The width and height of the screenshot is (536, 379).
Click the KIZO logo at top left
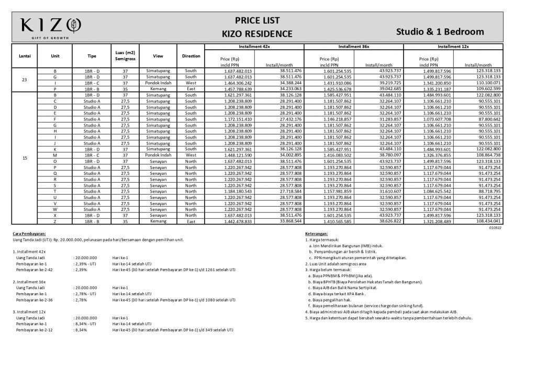[x=50, y=25]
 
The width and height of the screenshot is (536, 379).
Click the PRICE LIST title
[x=257, y=21]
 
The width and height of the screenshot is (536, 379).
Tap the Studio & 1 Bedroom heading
[x=440, y=31]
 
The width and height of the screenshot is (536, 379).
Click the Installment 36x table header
[x=354, y=47]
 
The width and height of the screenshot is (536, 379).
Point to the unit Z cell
[x=55, y=221]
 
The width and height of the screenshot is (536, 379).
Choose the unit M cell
[x=55, y=155]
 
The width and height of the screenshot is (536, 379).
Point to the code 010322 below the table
[x=495, y=227]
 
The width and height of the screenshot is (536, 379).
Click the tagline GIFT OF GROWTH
[x=50, y=38]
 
